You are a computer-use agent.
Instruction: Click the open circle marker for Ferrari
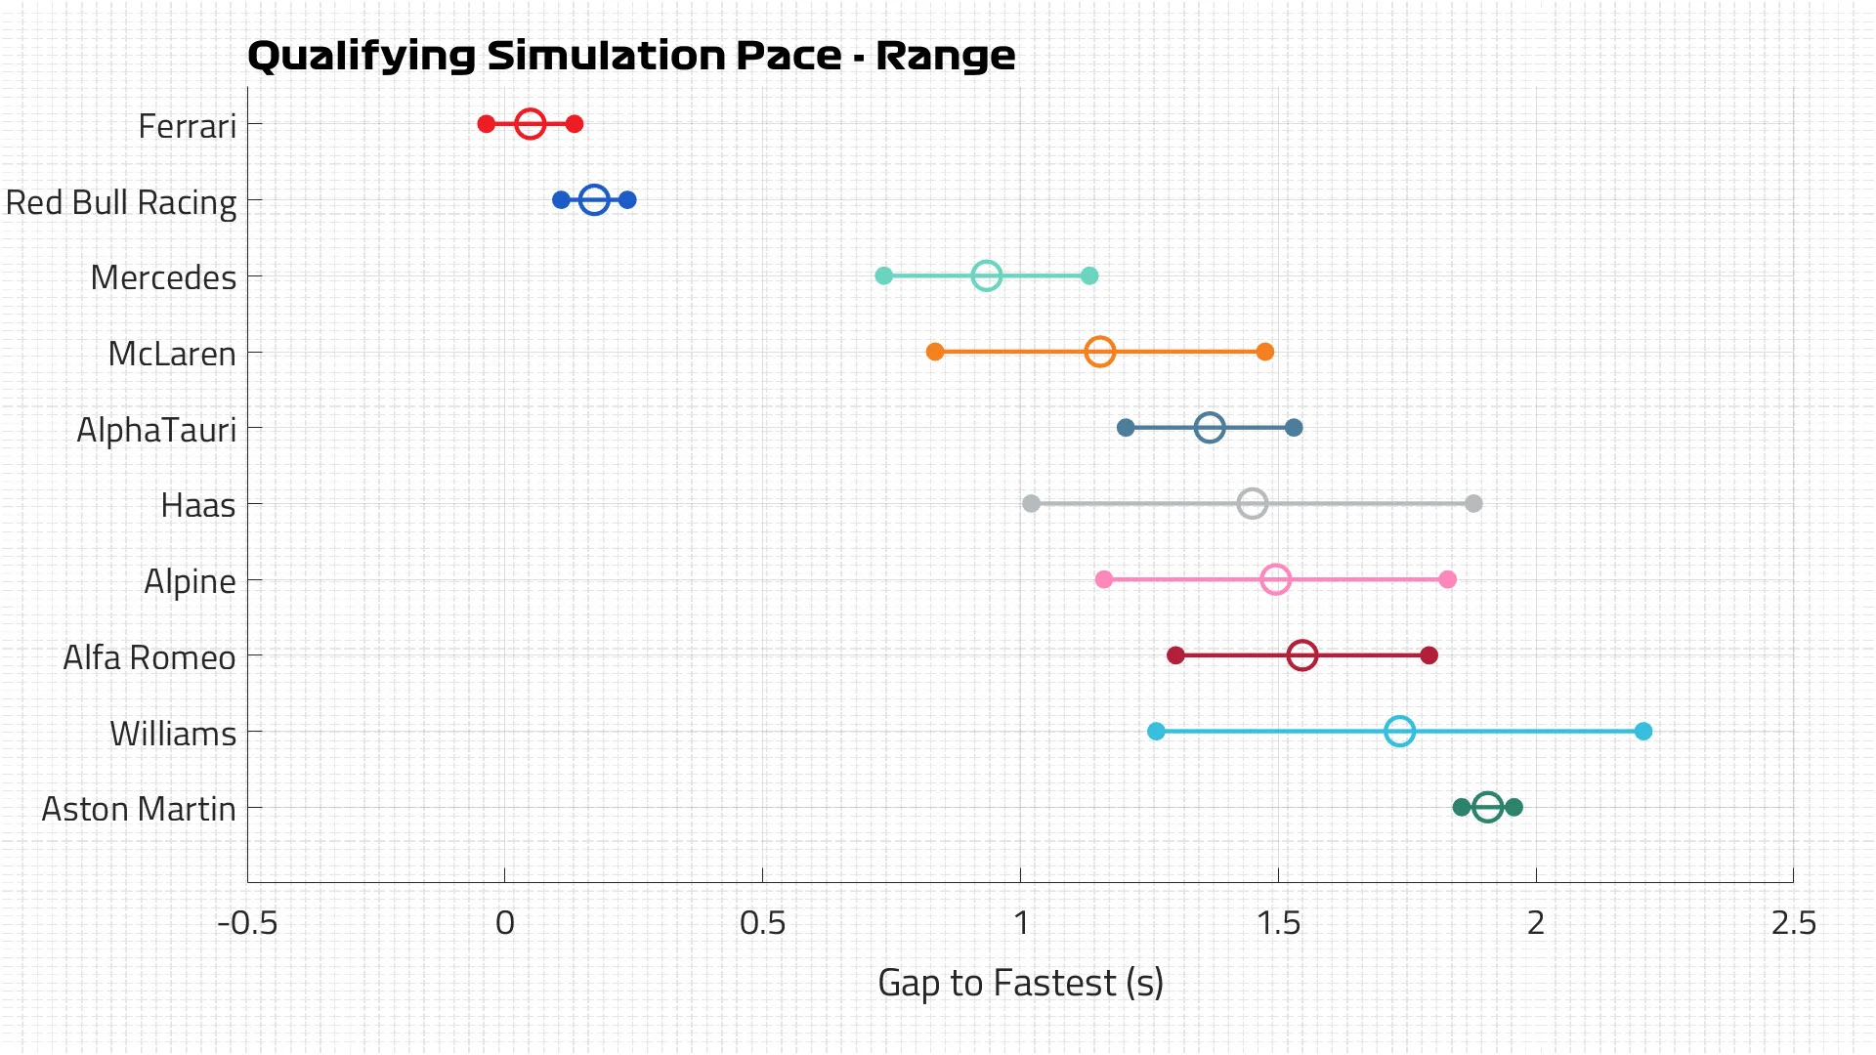coord(530,124)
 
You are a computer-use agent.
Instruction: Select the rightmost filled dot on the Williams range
coord(1643,732)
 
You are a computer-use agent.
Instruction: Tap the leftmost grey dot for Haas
coord(1031,504)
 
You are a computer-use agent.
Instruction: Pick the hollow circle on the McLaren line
coord(1100,352)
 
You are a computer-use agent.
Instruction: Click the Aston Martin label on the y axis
coord(139,809)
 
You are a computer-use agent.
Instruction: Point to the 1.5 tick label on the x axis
coord(1278,923)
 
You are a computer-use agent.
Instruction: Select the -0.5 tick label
coord(247,923)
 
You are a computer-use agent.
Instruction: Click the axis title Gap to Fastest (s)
coord(1020,983)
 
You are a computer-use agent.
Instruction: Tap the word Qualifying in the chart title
coord(362,57)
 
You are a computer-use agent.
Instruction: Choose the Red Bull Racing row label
coord(121,202)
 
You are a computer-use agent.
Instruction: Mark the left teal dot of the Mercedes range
coord(884,276)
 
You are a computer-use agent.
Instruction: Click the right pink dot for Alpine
coord(1448,580)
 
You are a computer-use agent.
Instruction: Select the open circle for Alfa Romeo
coord(1301,655)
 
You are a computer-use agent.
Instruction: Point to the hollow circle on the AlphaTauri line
coord(1210,428)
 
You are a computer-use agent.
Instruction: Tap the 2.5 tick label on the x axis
coord(1794,923)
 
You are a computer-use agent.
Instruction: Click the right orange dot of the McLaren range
coord(1265,352)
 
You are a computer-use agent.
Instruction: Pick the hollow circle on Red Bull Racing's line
coord(594,200)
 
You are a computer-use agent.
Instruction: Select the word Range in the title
coord(945,57)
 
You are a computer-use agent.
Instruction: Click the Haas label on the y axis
coord(198,505)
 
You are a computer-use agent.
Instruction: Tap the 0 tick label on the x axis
coord(505,923)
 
